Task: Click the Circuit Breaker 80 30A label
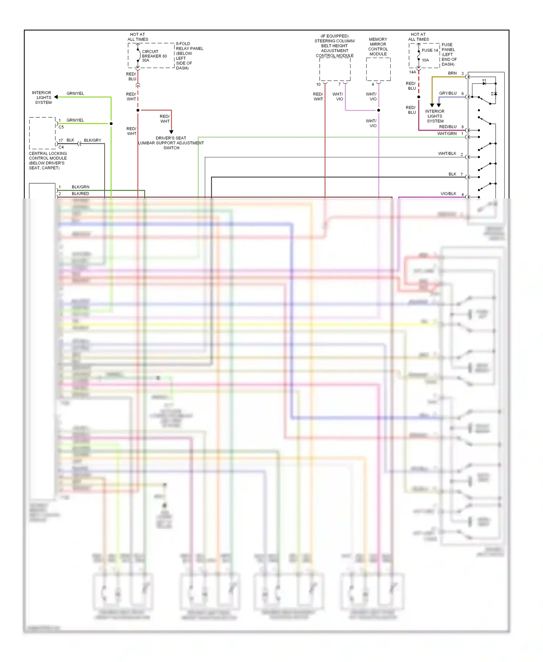point(154,56)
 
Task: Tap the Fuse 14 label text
point(430,50)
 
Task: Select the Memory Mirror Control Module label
point(378,47)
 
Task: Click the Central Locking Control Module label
point(47,160)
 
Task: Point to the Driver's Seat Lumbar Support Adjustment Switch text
point(171,143)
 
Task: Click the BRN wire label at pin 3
point(452,73)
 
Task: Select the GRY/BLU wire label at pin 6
point(448,93)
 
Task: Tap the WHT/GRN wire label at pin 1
point(447,134)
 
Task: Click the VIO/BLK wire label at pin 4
point(448,194)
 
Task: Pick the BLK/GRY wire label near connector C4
point(92,140)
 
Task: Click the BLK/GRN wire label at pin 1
point(80,187)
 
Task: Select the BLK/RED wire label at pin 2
point(80,194)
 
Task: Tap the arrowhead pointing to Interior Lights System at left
point(56,97)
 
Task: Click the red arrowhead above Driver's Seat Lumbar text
point(171,132)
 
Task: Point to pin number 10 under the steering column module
point(318,84)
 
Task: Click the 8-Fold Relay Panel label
point(189,56)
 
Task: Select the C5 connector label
point(61,127)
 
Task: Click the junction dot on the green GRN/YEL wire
point(111,123)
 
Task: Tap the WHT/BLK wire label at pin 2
point(447,154)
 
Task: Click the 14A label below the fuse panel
point(412,72)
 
